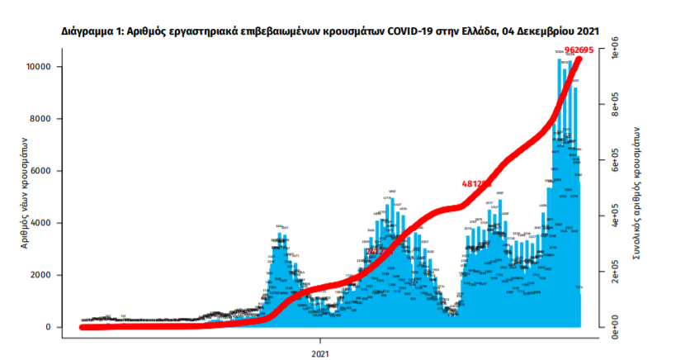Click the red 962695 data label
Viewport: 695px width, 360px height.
tap(580, 51)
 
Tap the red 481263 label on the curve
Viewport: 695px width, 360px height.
tap(476, 183)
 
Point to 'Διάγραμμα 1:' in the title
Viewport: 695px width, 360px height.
tap(91, 31)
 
